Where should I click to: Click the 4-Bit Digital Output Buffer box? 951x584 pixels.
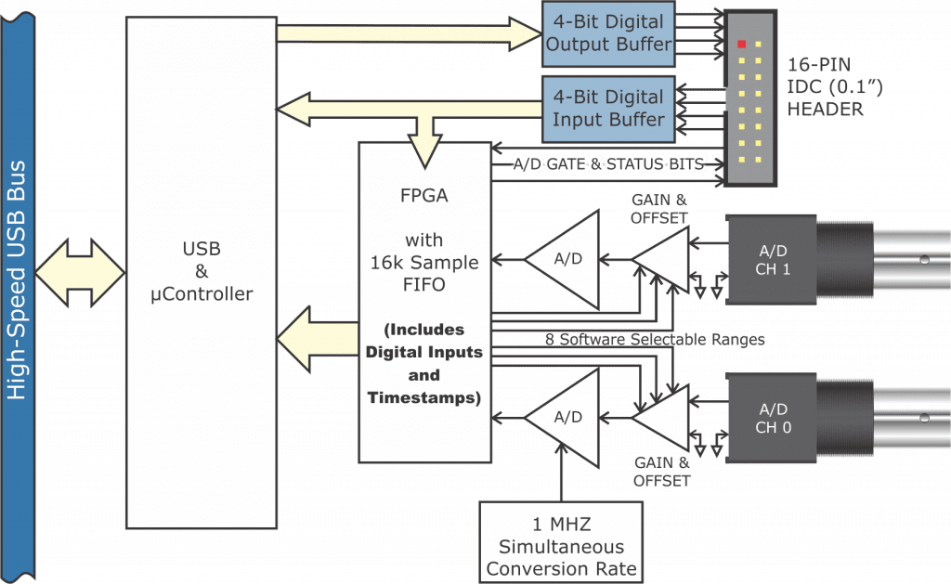[x=608, y=33]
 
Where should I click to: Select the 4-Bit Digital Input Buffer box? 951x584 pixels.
[x=608, y=109]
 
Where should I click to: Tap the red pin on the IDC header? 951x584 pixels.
[x=742, y=44]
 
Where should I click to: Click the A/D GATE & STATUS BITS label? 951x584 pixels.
[x=608, y=164]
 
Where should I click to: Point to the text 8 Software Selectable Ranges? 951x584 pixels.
[x=655, y=340]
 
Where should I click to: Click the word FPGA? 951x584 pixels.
[x=423, y=198]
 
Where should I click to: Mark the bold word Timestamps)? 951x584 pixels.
[x=423, y=398]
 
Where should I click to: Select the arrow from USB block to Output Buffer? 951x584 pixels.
[x=409, y=34]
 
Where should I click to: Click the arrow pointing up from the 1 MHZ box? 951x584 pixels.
[x=563, y=474]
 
